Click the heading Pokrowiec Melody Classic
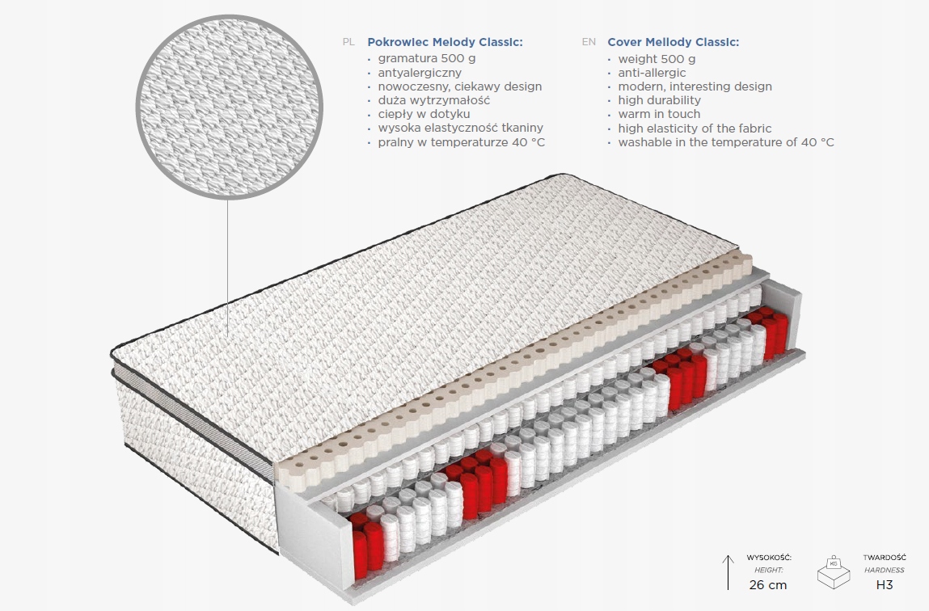[445, 42]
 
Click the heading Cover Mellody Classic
[673, 42]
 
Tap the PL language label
[348, 42]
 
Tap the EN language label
[589, 42]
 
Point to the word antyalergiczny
[420, 73]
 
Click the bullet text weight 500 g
[657, 59]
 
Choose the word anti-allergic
[652, 73]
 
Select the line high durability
[659, 100]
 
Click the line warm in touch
[659, 114]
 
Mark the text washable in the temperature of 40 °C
[726, 142]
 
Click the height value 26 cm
[768, 584]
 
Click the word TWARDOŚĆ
[885, 558]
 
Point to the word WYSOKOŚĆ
[769, 558]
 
